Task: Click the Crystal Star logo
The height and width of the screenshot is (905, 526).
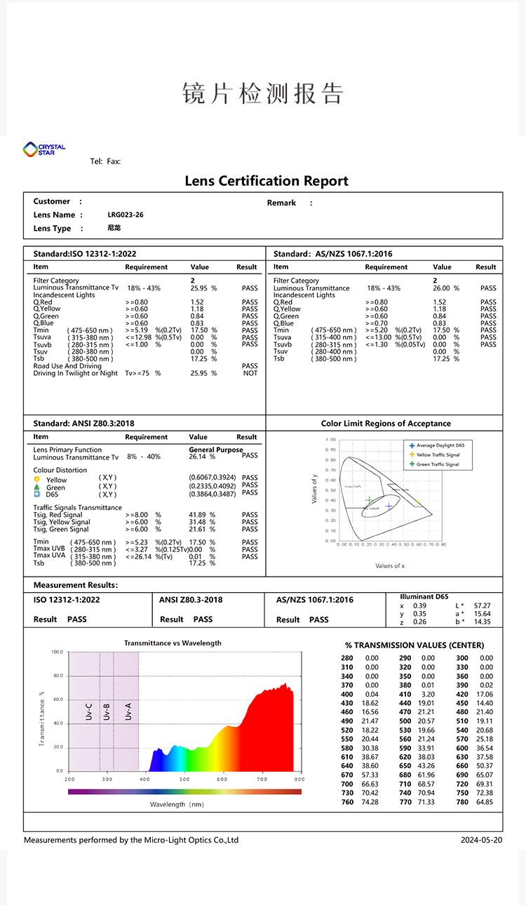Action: pyautogui.click(x=43, y=149)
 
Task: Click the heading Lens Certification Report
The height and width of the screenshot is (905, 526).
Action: pyautogui.click(x=267, y=181)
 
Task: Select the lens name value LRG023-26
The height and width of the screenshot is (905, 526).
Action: pyautogui.click(x=126, y=215)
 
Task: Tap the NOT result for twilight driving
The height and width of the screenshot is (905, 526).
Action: pyautogui.click(x=250, y=373)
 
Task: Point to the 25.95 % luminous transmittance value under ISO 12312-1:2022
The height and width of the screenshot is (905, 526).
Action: pyautogui.click(x=203, y=288)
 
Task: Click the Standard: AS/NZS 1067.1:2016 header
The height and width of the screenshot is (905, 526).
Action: pyautogui.click(x=333, y=254)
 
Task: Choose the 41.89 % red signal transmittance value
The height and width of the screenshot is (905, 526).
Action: pyautogui.click(x=203, y=515)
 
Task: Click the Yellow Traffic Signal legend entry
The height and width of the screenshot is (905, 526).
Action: pyautogui.click(x=438, y=455)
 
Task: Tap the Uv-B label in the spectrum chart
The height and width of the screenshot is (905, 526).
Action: pyautogui.click(x=107, y=711)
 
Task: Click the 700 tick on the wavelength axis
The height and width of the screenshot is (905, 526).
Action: pyautogui.click(x=261, y=779)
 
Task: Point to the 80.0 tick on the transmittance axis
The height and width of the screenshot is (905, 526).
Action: pyautogui.click(x=57, y=676)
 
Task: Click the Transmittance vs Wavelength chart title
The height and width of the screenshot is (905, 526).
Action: pyautogui.click(x=173, y=643)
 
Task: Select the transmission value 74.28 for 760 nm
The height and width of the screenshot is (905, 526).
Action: pyautogui.click(x=371, y=802)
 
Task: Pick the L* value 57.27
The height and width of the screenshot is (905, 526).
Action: pyautogui.click(x=483, y=605)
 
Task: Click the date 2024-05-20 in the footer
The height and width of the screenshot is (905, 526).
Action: pyautogui.click(x=482, y=840)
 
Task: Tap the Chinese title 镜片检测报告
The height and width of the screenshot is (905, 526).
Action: pyautogui.click(x=263, y=93)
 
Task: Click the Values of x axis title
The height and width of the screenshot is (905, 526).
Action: pyautogui.click(x=390, y=565)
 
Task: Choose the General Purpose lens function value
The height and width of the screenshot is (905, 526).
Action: pyautogui.click(x=216, y=450)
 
